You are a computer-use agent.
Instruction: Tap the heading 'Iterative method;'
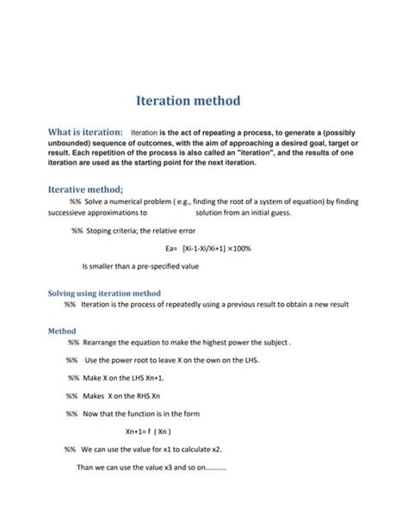84,189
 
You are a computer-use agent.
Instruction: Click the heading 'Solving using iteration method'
103,293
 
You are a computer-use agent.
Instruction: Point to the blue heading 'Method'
61,331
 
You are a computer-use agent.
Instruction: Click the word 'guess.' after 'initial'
280,213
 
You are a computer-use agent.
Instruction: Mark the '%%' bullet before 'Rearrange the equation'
73,343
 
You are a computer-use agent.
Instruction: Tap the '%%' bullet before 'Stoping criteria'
77,230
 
